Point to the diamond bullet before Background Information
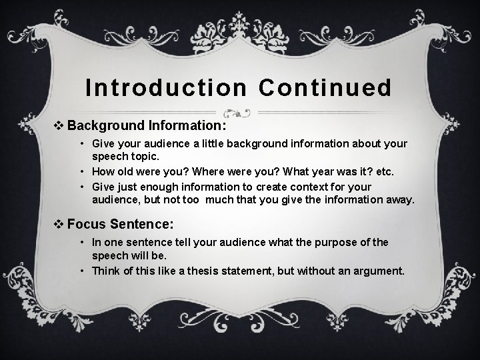pyautogui.click(x=59, y=125)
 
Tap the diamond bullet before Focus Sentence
pyautogui.click(x=59, y=223)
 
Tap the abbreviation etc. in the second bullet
pyautogui.click(x=384, y=171)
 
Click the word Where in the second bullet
pyautogui.click(x=210, y=171)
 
